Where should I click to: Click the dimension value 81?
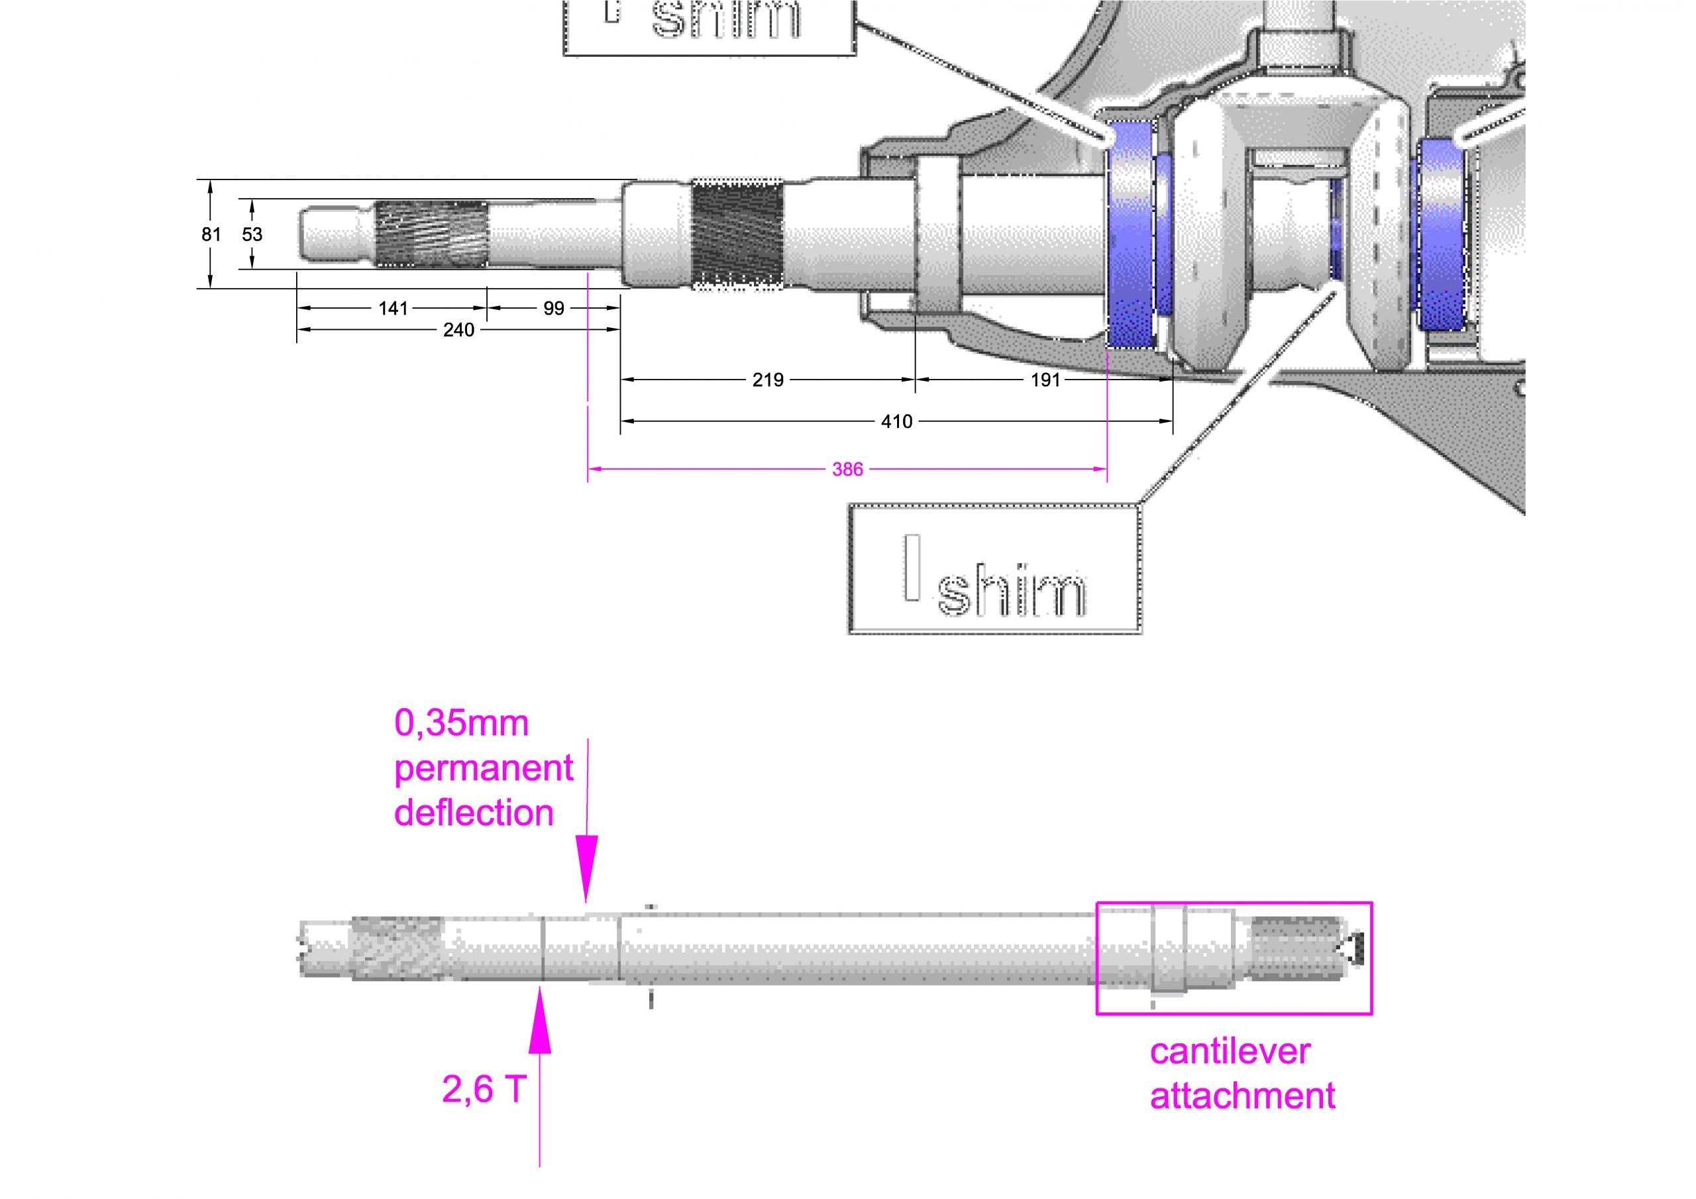tap(211, 235)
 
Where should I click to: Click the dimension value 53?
tap(252, 235)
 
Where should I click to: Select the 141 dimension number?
tap(393, 308)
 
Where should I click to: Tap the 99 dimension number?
tap(554, 308)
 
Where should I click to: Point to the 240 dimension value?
tap(458, 329)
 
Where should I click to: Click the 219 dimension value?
tap(767, 380)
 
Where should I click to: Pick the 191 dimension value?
tap(1045, 380)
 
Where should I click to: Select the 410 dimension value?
tap(897, 421)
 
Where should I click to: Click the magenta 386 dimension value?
tap(847, 469)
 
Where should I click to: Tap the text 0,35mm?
tap(462, 723)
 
